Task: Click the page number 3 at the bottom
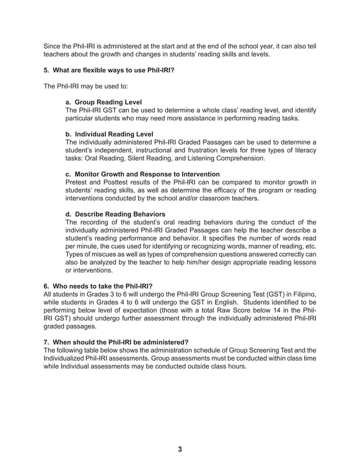click(180, 449)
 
